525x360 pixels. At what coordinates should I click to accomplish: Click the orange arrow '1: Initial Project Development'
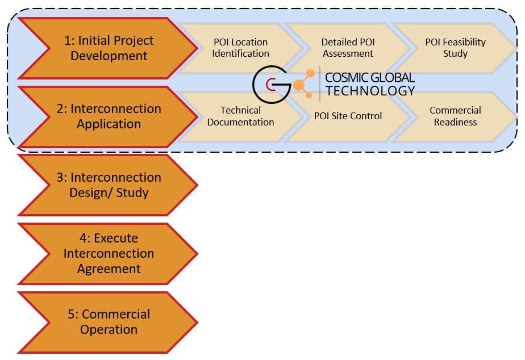pos(108,48)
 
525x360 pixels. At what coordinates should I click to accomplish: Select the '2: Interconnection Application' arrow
pos(108,116)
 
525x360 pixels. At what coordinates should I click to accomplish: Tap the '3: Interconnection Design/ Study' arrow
pos(108,185)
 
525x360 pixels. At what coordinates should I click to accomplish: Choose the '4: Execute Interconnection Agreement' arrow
pos(108,253)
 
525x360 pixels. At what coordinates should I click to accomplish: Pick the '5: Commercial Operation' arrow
pos(108,322)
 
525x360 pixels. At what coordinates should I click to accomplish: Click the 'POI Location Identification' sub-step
pos(240,48)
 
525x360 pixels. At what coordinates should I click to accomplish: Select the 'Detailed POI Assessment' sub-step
pos(348,48)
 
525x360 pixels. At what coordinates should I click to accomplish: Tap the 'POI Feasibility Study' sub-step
pos(455,48)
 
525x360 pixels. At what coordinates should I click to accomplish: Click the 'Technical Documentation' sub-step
pos(240,116)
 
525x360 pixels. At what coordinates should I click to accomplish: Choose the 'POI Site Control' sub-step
pos(348,116)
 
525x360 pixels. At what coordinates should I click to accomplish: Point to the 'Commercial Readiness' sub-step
pos(455,116)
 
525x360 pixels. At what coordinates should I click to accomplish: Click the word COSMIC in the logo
pos(347,78)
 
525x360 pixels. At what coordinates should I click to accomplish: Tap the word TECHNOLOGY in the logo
pos(370,91)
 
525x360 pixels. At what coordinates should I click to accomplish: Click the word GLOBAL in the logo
pos(393,78)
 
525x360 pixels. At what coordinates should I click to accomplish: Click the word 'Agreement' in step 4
pos(109,269)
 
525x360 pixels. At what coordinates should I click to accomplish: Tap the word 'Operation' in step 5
pos(109,329)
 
